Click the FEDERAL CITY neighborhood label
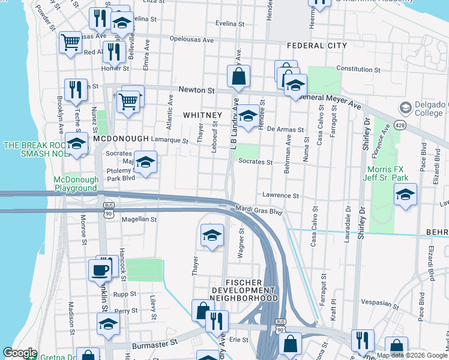tap(317, 46)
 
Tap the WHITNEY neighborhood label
tap(202, 115)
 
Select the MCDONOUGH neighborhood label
tap(121, 139)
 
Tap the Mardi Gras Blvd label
tap(259, 212)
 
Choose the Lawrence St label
tap(280, 196)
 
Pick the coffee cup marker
tap(100, 269)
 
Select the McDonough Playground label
tap(75, 184)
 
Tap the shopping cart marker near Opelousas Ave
tap(70, 42)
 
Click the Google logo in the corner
tap(20, 353)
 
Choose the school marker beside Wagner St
tap(212, 235)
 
